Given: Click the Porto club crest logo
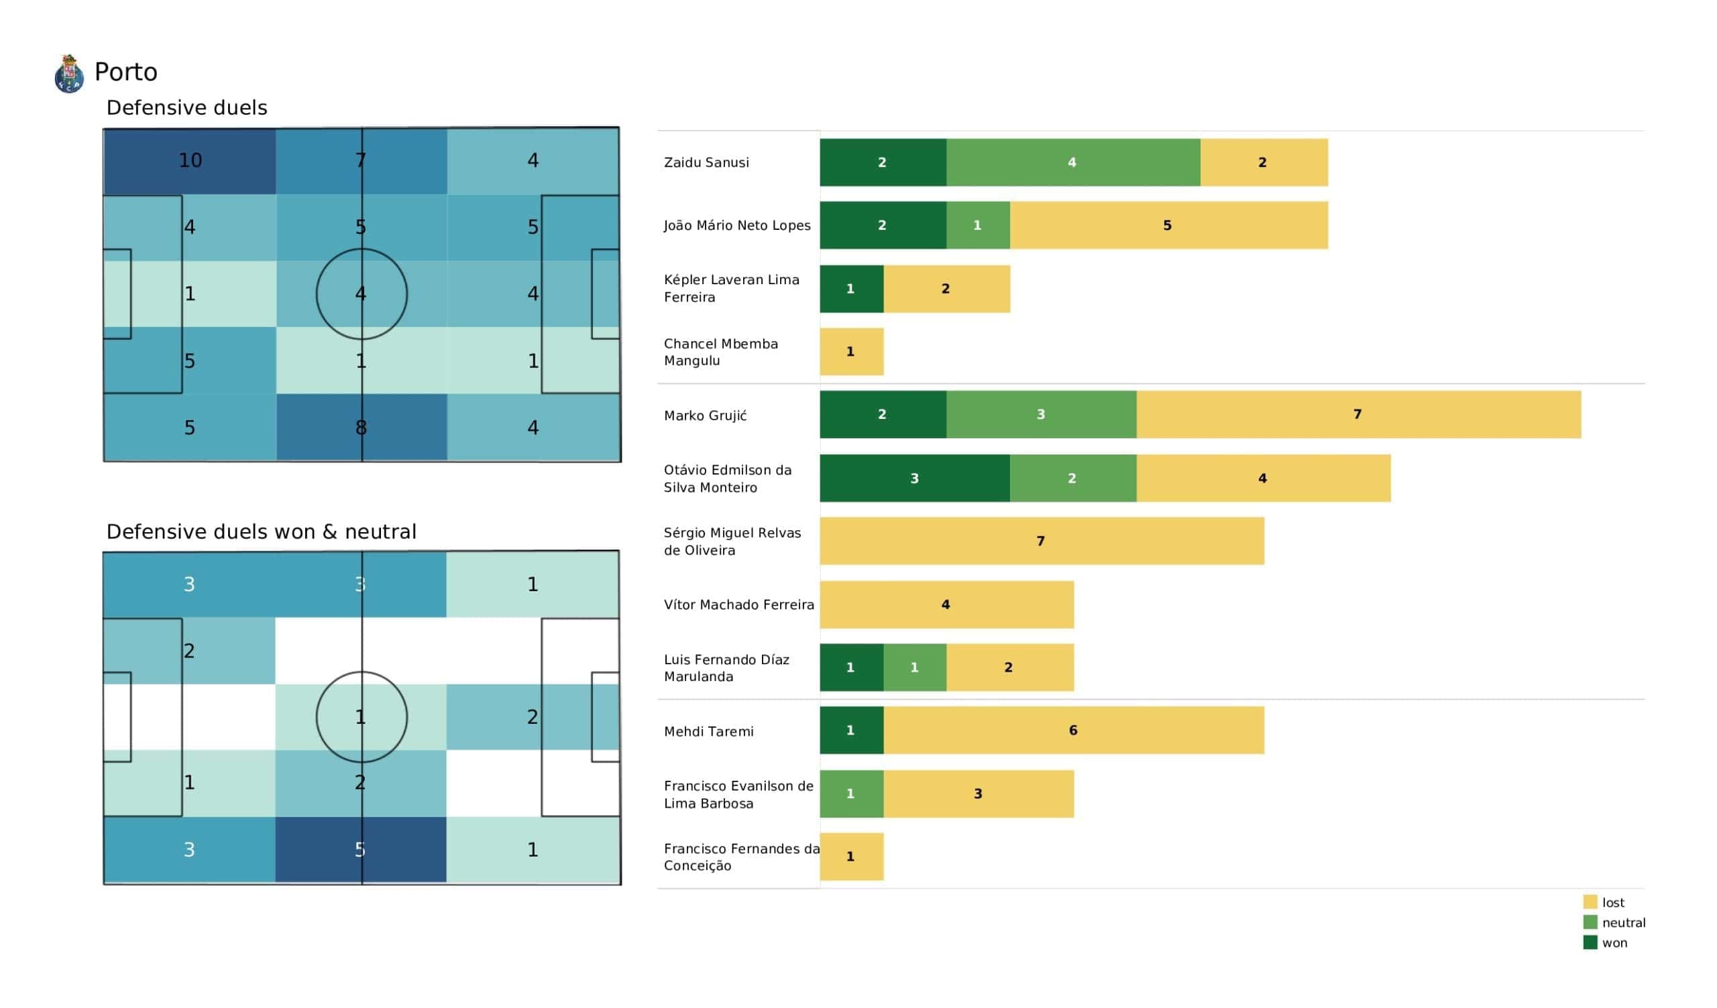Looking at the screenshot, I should [69, 74].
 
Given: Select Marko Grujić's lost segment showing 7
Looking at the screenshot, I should [1358, 415].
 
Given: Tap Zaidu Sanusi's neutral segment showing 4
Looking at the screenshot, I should [1072, 163].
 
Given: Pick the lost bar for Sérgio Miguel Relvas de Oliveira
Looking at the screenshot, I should [1041, 542].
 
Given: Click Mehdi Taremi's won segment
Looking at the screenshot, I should [851, 731].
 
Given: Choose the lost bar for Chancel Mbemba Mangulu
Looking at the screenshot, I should [851, 352].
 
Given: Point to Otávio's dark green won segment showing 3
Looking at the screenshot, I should [914, 479].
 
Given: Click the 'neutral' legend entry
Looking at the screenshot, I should [1623, 923].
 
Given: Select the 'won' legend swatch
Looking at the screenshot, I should [1590, 943].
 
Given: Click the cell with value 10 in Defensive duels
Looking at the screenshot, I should [190, 161].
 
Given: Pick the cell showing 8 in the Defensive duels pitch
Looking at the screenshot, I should [361, 428].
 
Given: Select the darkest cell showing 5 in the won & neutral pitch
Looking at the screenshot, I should [360, 850].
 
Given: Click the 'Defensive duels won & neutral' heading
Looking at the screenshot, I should [261, 532].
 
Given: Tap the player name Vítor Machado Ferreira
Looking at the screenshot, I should [738, 605].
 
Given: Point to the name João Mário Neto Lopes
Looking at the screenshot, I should [736, 225].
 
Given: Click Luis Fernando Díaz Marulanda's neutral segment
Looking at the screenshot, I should [914, 668].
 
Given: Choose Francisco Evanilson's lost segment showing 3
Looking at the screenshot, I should [978, 794].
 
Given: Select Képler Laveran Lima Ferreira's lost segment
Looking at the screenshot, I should [946, 290].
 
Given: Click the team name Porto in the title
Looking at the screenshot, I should [126, 72].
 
